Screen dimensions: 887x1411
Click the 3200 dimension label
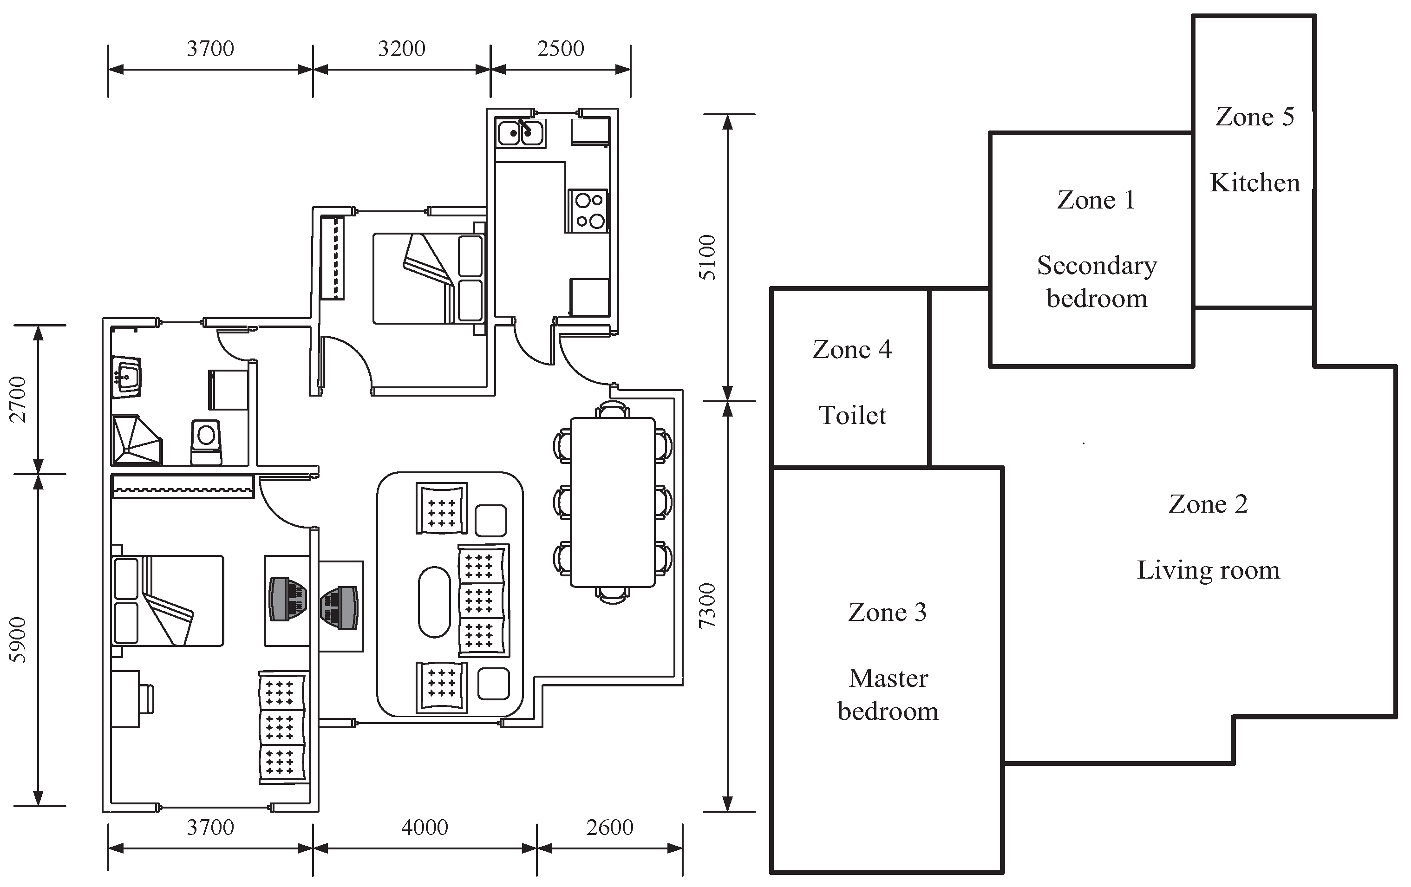point(401,49)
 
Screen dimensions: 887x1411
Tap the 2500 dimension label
point(560,49)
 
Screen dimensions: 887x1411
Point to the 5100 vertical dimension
point(708,257)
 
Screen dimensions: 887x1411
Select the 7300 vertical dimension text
point(708,605)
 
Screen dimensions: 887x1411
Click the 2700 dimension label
point(18,399)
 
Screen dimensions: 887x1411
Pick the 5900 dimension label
point(18,640)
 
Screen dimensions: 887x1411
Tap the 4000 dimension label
point(424,827)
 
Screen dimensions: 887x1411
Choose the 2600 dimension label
point(609,827)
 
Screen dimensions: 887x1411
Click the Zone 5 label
point(1254,117)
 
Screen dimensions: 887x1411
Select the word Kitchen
point(1254,183)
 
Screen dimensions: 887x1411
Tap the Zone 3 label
point(887,612)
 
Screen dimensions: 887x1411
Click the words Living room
point(1208,570)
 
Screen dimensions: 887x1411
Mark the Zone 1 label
point(1096,200)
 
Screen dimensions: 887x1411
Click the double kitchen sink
point(520,133)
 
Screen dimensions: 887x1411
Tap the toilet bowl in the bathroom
point(206,441)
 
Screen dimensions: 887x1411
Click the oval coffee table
point(434,602)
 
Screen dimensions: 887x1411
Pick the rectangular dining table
point(612,502)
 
